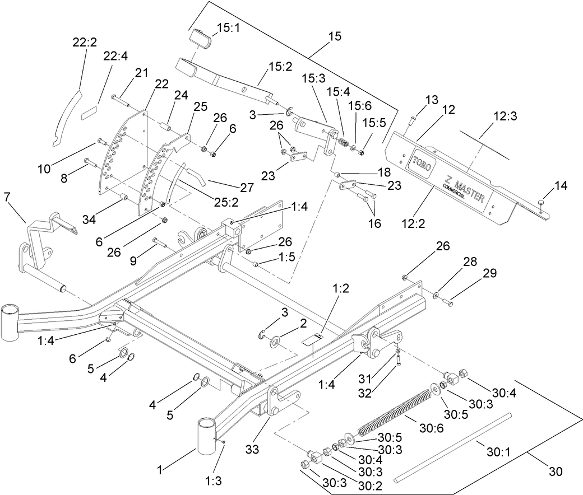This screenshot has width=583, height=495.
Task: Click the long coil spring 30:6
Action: (396, 412)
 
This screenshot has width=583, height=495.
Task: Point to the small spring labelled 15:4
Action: (341, 144)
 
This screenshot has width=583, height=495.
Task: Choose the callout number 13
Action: (431, 100)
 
